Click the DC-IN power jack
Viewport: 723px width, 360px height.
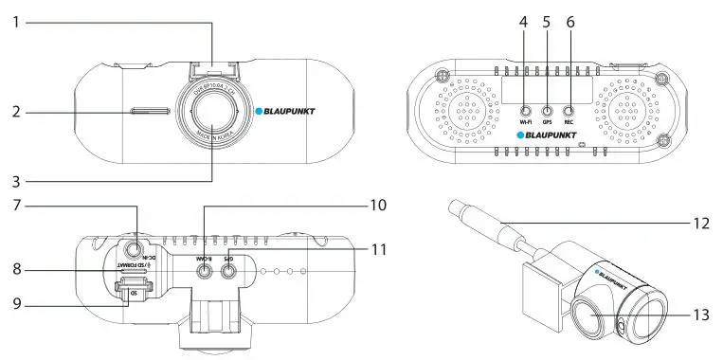coord(136,252)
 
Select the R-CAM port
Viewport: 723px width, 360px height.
coord(204,269)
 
